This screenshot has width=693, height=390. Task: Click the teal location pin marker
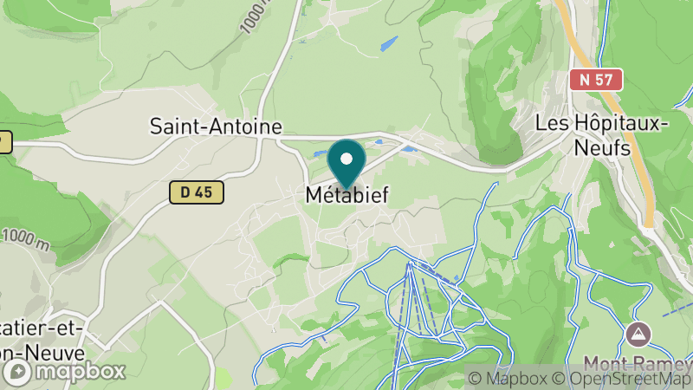pyautogui.click(x=346, y=164)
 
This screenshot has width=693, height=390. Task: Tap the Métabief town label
pyautogui.click(x=346, y=196)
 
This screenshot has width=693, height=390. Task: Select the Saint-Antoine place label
pyautogui.click(x=216, y=126)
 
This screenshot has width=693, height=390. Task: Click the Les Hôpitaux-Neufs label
pyautogui.click(x=602, y=134)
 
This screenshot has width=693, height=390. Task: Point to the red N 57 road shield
pyautogui.click(x=596, y=79)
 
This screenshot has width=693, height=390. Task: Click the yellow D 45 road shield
pyautogui.click(x=197, y=192)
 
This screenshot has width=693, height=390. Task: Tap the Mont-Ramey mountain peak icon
pyautogui.click(x=639, y=333)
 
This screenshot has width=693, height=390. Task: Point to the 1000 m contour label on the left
pyautogui.click(x=27, y=240)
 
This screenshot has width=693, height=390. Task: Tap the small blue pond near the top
pyautogui.click(x=388, y=43)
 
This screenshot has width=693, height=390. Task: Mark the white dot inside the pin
pyautogui.click(x=346, y=158)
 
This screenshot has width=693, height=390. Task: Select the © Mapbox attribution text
pyautogui.click(x=507, y=378)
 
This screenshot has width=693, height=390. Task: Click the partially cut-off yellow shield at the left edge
pyautogui.click(x=4, y=141)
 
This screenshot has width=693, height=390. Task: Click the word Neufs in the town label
pyautogui.click(x=602, y=146)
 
